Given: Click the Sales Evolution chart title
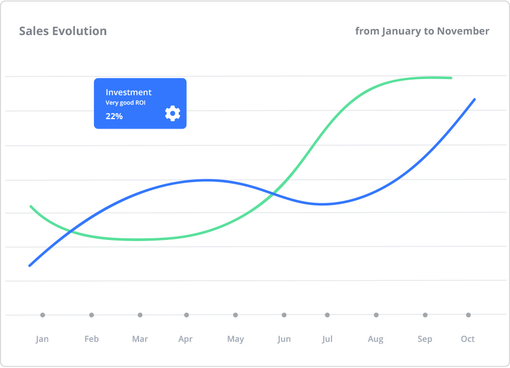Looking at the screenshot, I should (63, 31).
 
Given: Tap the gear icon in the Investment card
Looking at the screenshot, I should (173, 114).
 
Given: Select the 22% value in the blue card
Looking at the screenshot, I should (114, 116).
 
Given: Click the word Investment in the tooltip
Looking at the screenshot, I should (128, 92).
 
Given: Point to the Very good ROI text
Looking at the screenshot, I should (126, 103).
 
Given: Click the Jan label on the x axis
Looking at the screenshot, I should (42, 339).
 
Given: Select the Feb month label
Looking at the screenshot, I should (91, 339).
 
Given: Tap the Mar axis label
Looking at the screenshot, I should (140, 339).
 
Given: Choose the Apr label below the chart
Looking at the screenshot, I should (186, 339).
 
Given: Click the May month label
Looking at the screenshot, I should (235, 340).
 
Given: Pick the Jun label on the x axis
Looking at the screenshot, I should (284, 339).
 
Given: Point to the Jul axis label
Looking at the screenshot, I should (327, 339).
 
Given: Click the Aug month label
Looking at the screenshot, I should (375, 340).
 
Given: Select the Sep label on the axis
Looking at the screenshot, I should (425, 340).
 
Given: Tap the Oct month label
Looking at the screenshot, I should (468, 339).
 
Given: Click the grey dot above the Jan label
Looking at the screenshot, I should (42, 315).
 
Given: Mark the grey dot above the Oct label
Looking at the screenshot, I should (468, 315).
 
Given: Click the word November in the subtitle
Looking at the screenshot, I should (463, 31).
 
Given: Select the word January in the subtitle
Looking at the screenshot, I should (402, 31).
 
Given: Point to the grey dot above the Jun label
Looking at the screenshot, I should (284, 315).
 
